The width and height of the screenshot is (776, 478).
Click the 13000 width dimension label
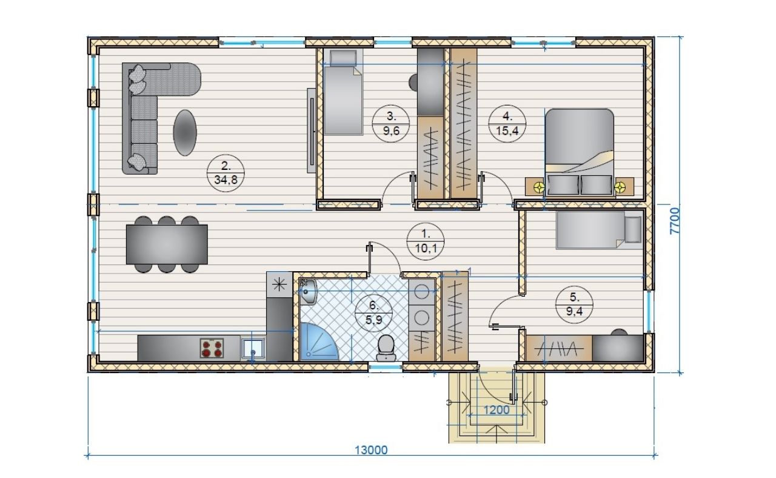click(x=371, y=450)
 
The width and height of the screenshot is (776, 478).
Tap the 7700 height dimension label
click(x=675, y=221)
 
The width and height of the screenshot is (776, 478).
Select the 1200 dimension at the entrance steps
click(x=496, y=410)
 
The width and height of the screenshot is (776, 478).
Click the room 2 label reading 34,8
click(x=226, y=180)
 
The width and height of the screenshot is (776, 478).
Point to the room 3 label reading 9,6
click(x=391, y=130)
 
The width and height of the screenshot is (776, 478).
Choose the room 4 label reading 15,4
click(x=507, y=130)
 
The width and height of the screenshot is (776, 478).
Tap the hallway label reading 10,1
click(x=426, y=248)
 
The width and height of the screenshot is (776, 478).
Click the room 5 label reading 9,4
click(x=574, y=311)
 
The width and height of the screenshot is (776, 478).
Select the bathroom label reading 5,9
click(x=373, y=319)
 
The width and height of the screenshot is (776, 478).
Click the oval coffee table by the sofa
click(x=185, y=133)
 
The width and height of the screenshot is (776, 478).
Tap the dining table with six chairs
click(x=167, y=244)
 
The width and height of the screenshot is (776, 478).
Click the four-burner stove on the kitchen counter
click(x=212, y=348)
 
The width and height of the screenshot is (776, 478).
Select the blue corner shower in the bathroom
click(x=318, y=342)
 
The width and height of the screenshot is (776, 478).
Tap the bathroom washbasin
click(x=308, y=292)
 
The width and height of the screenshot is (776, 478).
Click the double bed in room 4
click(x=579, y=152)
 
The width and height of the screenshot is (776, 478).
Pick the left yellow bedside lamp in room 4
click(x=539, y=187)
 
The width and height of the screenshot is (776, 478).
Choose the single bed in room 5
click(x=599, y=231)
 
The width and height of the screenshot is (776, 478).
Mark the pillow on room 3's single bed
click(x=343, y=58)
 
